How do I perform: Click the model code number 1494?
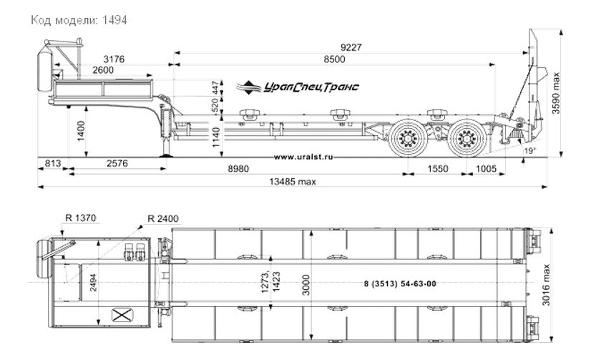click(114, 20)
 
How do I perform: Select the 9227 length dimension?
click(351, 47)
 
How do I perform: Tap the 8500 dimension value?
click(334, 59)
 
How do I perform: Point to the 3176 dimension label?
click(114, 59)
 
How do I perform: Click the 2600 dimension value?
click(103, 70)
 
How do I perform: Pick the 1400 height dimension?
click(81, 131)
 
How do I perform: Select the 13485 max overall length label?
click(293, 182)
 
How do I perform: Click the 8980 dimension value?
click(238, 168)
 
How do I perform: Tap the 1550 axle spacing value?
click(438, 168)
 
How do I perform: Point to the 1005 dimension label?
click(487, 168)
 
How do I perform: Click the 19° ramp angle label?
click(529, 151)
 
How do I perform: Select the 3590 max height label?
click(556, 93)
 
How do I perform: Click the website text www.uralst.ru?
click(303, 157)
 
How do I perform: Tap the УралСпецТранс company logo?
click(298, 87)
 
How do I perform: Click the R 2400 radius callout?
click(163, 218)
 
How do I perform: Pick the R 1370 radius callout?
click(81, 218)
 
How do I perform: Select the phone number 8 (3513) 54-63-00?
click(400, 284)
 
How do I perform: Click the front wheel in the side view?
click(408, 138)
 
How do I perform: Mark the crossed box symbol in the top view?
click(122, 315)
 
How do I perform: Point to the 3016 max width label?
click(546, 285)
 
